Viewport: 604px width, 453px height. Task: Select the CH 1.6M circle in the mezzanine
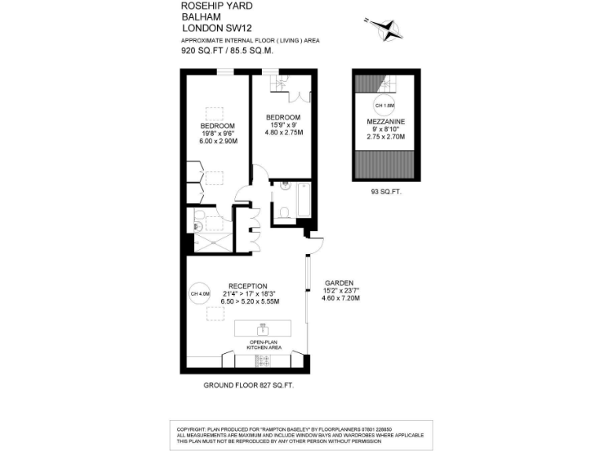[384, 105]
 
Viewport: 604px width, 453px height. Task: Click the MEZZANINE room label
[385, 121]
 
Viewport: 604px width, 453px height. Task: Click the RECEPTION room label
[248, 285]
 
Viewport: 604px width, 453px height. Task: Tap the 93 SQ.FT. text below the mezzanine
[386, 191]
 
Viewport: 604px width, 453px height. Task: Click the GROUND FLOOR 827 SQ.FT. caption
[249, 385]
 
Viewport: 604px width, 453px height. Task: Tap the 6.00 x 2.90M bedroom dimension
[218, 142]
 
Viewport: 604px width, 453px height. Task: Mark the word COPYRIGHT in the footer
[192, 428]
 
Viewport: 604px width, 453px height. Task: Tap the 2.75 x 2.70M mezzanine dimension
[385, 137]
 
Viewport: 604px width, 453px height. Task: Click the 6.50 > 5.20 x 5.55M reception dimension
[248, 301]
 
